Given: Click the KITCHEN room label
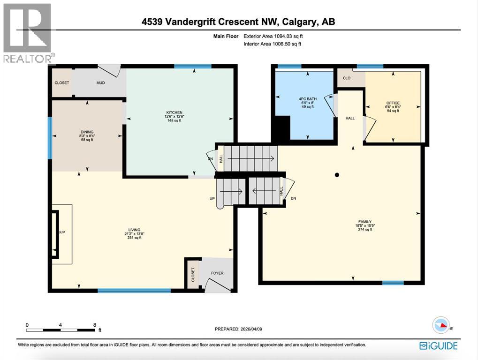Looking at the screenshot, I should pos(174,112).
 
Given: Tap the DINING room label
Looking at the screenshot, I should pos(87,132).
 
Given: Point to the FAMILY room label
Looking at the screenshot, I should pos(365,222).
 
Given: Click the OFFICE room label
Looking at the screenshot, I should pos(393,103).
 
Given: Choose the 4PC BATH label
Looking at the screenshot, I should pos(308,99).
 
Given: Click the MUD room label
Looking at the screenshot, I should pos(100,83).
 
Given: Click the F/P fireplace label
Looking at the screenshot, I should pos(61,232).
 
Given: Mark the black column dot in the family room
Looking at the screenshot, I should pos(337,175).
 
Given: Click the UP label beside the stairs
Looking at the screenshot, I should pos(212,199).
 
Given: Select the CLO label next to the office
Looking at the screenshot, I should pos(347,78).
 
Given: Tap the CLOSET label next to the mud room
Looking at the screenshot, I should pos(61,83).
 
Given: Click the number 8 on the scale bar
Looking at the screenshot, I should pos(95,325).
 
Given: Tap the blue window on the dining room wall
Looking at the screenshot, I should pos(50,138).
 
